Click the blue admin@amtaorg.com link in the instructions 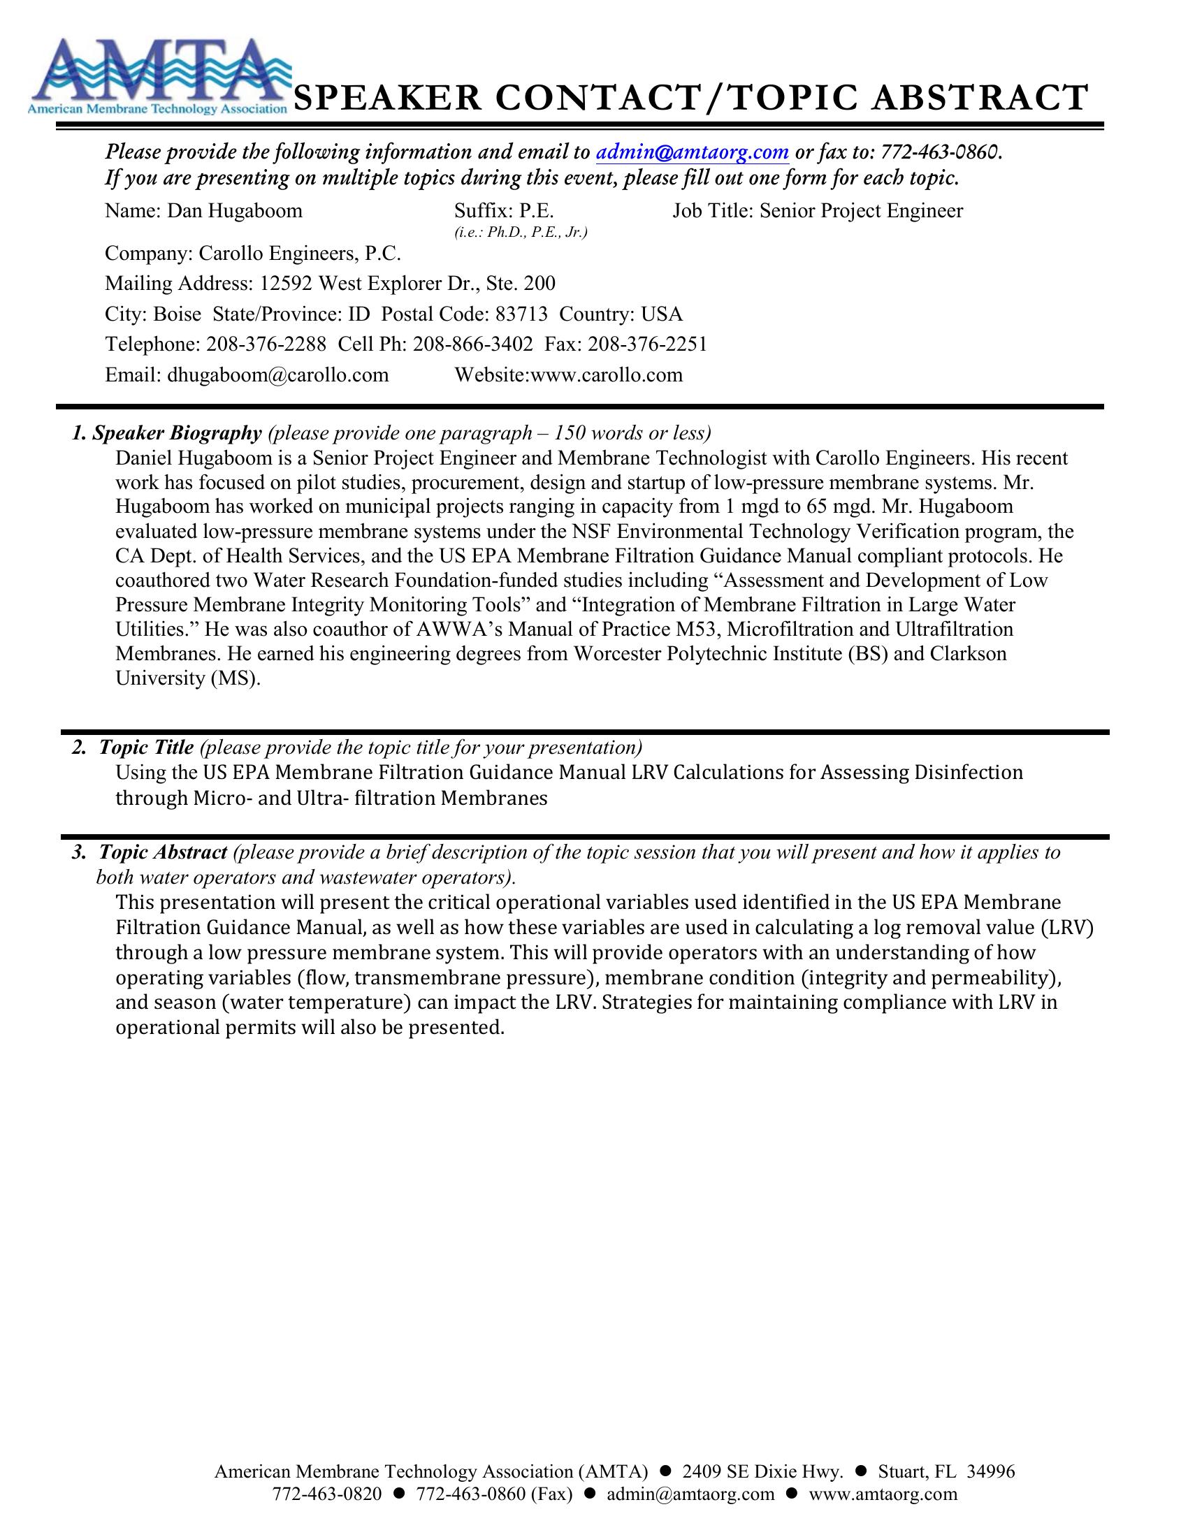tap(692, 152)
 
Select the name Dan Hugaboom tap(234, 211)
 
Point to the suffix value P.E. tap(536, 211)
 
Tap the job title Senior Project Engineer tap(861, 211)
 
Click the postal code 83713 tap(521, 314)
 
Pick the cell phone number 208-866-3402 tap(473, 344)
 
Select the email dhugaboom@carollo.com tap(278, 374)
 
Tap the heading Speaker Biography tap(177, 433)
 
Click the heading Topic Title tap(146, 747)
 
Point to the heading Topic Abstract tap(163, 852)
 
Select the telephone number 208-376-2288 tap(266, 344)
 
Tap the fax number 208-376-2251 tap(647, 344)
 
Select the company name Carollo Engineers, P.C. tap(300, 254)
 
